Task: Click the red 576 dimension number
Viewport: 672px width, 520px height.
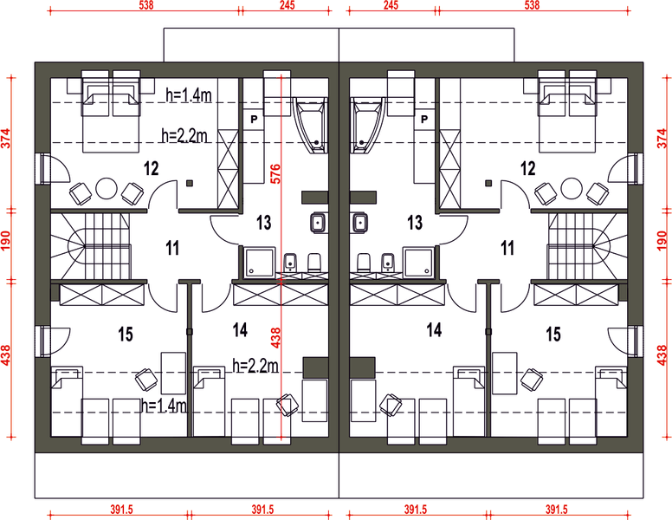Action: pyautogui.click(x=275, y=173)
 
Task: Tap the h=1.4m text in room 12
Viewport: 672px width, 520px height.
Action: pyautogui.click(x=189, y=94)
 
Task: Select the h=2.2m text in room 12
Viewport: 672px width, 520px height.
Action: pyautogui.click(x=184, y=135)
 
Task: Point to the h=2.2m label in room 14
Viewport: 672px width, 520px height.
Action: pyautogui.click(x=255, y=366)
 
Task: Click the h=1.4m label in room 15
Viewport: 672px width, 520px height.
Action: pyautogui.click(x=165, y=406)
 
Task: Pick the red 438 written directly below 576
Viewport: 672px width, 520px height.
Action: pyautogui.click(x=275, y=338)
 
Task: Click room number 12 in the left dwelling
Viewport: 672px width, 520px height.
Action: pyautogui.click(x=152, y=169)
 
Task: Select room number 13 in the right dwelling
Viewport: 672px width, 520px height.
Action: pyautogui.click(x=415, y=223)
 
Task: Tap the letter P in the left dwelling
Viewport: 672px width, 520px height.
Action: pyautogui.click(x=254, y=120)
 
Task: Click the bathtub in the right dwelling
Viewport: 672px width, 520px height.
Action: pyautogui.click(x=367, y=125)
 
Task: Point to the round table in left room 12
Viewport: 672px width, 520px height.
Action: pyautogui.click(x=107, y=188)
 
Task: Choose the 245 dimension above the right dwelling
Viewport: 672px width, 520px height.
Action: pyautogui.click(x=391, y=5)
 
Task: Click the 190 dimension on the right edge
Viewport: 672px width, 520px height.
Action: pyautogui.click(x=662, y=241)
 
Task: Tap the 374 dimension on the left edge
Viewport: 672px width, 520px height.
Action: pyautogui.click(x=5, y=138)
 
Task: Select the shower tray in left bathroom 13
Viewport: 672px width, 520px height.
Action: pyautogui.click(x=259, y=262)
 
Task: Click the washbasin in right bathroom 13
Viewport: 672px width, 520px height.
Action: pyautogui.click(x=360, y=223)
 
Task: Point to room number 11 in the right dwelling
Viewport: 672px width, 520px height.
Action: pyautogui.click(x=507, y=248)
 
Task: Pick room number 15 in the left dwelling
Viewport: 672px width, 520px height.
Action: pyautogui.click(x=126, y=335)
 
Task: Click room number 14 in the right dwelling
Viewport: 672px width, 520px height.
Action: pyautogui.click(x=434, y=330)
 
